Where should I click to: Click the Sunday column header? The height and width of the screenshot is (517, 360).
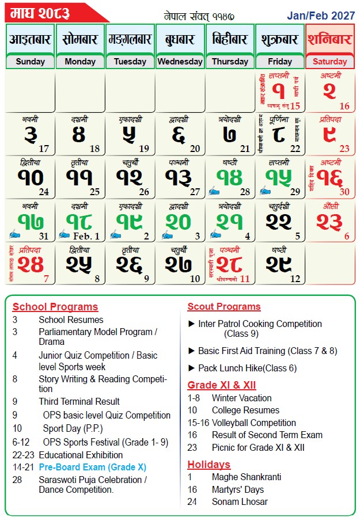(x=30, y=62)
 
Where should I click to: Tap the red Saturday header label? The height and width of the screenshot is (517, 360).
(x=329, y=62)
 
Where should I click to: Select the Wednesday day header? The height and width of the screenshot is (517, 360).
(x=180, y=62)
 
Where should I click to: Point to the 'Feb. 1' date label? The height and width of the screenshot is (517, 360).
(x=86, y=236)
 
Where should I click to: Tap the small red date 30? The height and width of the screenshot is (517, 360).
(x=344, y=192)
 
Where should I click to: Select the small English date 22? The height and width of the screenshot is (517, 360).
(x=295, y=149)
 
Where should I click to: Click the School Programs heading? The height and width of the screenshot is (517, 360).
(x=55, y=307)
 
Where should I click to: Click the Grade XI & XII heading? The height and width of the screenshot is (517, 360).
(x=222, y=385)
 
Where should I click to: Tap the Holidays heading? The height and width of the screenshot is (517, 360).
(x=209, y=464)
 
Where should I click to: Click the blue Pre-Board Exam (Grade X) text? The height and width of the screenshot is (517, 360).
(x=92, y=467)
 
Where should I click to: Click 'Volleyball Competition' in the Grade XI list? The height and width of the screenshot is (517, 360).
(x=253, y=423)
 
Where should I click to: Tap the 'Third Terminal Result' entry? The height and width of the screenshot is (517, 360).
(x=79, y=401)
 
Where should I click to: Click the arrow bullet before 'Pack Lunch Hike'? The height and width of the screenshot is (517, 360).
(x=192, y=368)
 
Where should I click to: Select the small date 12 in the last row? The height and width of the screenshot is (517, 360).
(x=295, y=279)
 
